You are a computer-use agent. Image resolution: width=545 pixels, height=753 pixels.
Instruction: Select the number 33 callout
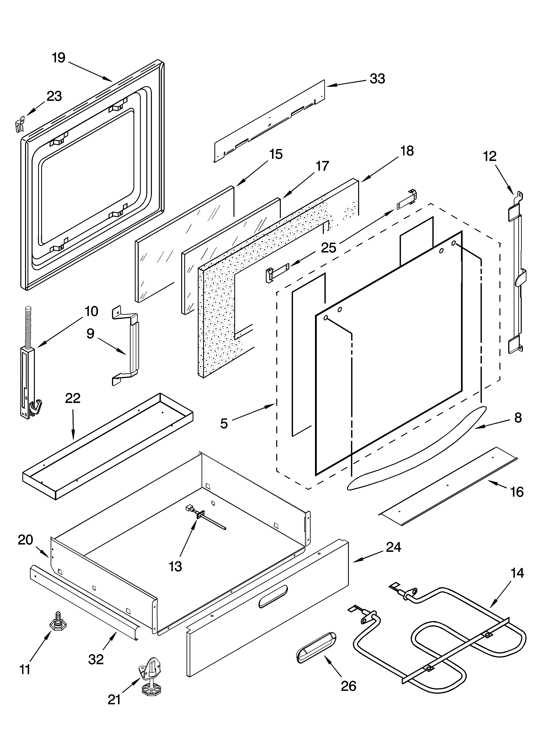point(377,79)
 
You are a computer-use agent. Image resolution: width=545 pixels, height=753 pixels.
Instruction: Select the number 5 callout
point(224,423)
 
